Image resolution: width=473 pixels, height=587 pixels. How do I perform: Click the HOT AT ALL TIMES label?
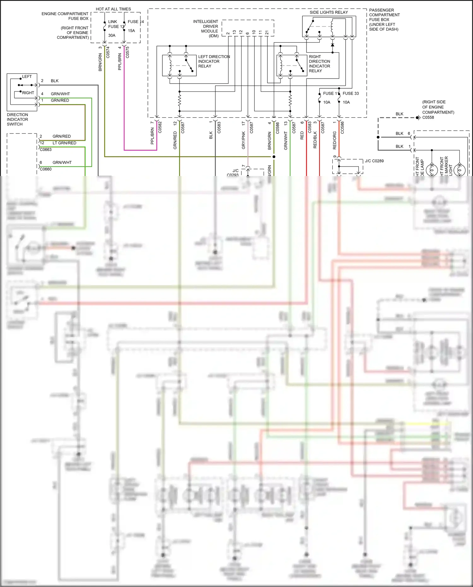click(113, 9)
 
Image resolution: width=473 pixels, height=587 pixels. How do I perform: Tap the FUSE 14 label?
click(136, 22)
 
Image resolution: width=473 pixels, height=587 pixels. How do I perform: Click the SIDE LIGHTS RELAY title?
click(329, 12)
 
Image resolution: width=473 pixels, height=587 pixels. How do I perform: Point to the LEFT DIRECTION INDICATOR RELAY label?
click(213, 61)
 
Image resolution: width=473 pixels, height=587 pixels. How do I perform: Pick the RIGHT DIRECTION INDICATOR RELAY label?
click(319, 64)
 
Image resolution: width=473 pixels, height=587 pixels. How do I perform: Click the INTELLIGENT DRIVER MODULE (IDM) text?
click(206, 29)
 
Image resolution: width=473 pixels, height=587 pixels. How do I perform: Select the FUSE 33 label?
click(351, 93)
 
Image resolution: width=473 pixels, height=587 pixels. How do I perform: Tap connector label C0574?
click(108, 52)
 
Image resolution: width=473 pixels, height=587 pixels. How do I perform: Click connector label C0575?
click(127, 52)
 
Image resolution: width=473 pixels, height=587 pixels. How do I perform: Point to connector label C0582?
click(160, 127)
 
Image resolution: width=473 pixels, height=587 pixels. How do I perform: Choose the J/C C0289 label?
click(374, 161)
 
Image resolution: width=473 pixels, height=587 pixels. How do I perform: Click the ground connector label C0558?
click(428, 117)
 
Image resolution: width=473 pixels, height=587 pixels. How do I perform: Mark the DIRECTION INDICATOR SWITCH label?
click(17, 119)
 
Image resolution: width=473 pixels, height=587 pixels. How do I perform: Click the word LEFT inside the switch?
click(27, 77)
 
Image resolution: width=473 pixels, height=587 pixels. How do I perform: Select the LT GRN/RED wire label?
click(64, 143)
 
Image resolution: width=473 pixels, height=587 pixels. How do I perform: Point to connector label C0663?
click(46, 150)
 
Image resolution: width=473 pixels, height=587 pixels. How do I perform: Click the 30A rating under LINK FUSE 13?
click(112, 35)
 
